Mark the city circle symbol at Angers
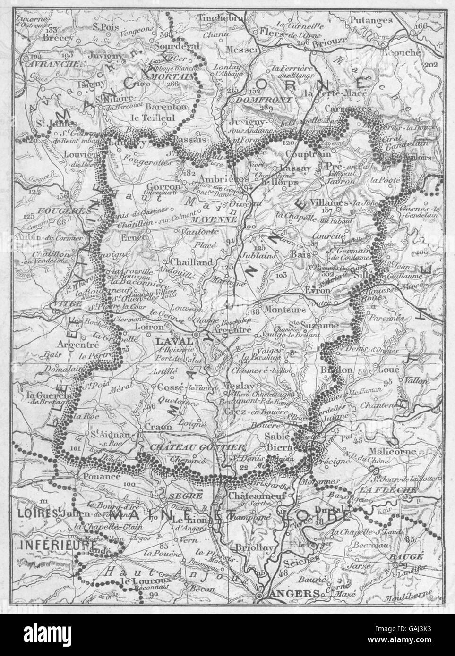(x=259, y=596)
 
